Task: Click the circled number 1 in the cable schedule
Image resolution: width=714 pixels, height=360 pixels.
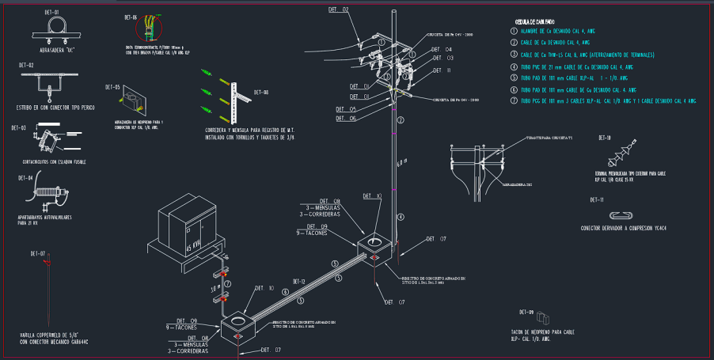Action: (x=513, y=30)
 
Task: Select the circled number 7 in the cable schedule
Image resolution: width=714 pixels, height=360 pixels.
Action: (x=513, y=101)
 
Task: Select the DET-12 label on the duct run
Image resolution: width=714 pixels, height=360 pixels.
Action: (x=298, y=282)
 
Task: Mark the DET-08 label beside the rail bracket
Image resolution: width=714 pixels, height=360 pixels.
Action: (x=260, y=93)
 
